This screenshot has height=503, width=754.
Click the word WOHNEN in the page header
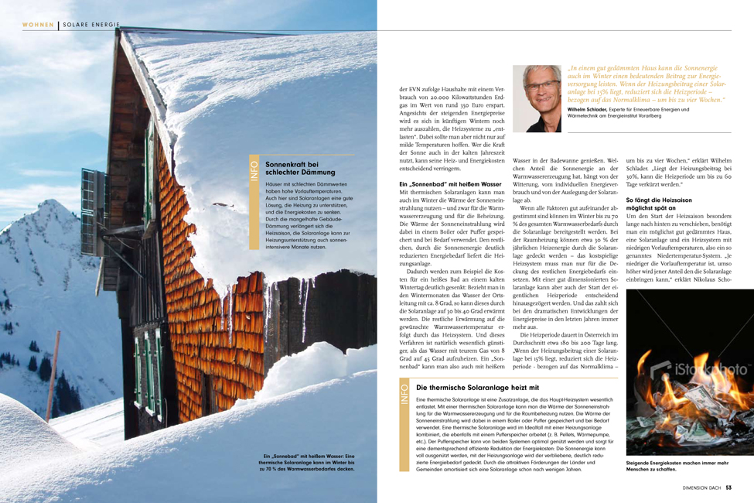(38, 25)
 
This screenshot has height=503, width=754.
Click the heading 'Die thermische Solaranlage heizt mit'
(477, 387)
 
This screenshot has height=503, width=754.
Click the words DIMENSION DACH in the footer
(702, 488)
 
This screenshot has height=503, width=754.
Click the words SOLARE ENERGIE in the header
(91, 25)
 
